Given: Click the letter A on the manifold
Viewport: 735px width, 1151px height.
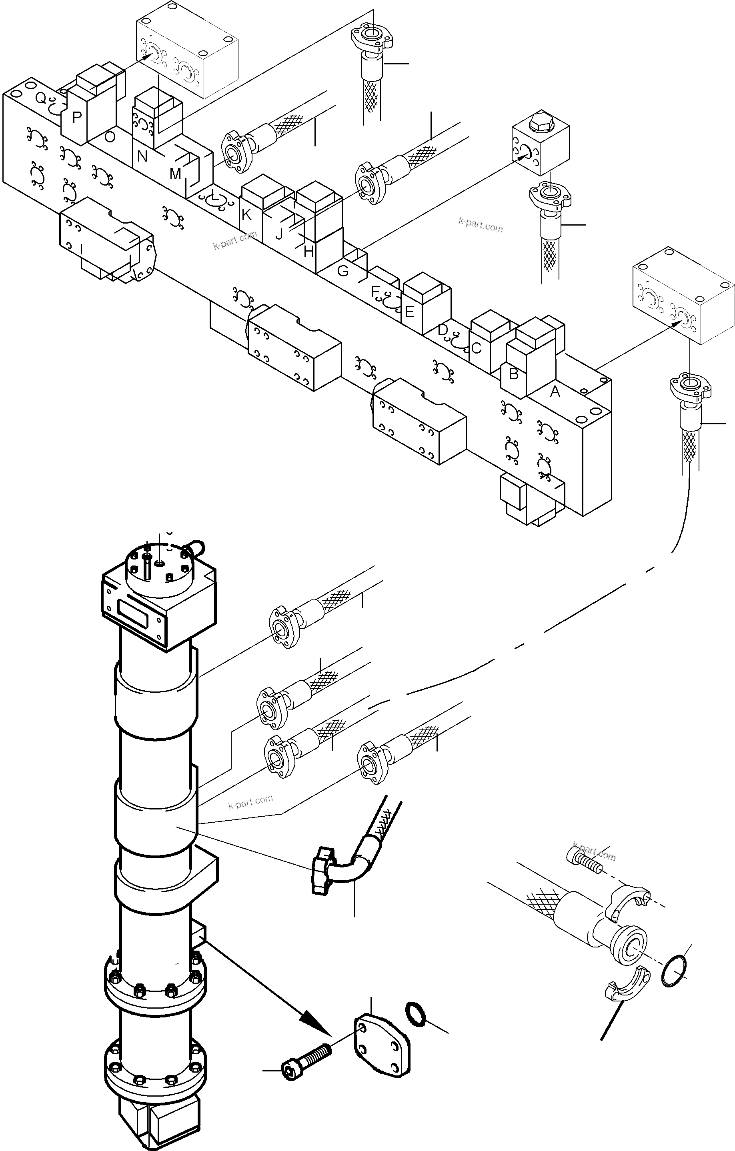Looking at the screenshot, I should click(x=555, y=392).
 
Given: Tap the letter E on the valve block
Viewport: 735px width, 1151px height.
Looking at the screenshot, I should click(x=409, y=312).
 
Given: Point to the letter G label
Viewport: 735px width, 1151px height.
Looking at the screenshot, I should click(x=343, y=271).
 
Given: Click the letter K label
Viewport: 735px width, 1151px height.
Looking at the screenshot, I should click(x=246, y=215).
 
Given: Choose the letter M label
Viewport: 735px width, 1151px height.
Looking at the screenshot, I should click(x=175, y=174).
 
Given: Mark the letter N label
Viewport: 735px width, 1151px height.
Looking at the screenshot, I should click(x=142, y=156).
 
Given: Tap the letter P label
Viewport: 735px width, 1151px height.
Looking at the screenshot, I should click(x=76, y=117).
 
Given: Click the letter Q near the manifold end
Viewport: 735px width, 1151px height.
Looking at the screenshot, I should click(x=41, y=98).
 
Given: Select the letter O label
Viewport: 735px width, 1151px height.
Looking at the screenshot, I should click(x=110, y=137).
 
